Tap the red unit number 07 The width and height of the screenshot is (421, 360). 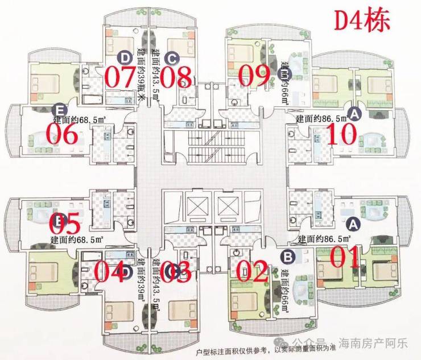120,77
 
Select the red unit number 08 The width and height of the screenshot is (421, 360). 175,77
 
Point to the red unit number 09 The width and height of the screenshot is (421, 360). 254,76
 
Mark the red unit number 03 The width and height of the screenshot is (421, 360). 175,272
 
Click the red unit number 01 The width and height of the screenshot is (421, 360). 345,257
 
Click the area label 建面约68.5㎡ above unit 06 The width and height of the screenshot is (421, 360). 80,120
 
